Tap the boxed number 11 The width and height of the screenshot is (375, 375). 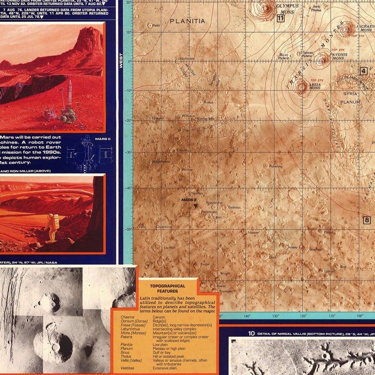280,18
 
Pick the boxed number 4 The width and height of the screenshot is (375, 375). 363,71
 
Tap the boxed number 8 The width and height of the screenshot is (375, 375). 366,220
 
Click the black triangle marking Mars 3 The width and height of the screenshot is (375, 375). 196,206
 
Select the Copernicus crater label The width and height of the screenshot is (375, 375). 164,227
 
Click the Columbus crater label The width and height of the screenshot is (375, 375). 184,151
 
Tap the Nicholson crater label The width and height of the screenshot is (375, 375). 174,59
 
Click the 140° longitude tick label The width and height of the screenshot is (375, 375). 247,315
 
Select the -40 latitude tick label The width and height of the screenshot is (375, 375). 127,188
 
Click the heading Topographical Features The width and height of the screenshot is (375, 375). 167,289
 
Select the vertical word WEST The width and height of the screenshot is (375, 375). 121,60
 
